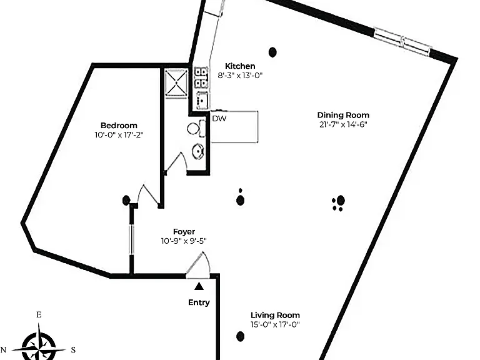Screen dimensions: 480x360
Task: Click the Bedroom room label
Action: pyautogui.click(x=119, y=126)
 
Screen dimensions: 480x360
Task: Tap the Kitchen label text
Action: pyautogui.click(x=240, y=66)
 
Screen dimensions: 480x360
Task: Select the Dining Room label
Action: pyautogui.click(x=343, y=115)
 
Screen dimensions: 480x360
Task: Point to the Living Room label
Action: pyautogui.click(x=275, y=315)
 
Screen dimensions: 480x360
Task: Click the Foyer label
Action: pyautogui.click(x=184, y=232)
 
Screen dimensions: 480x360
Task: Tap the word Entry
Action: pyautogui.click(x=199, y=302)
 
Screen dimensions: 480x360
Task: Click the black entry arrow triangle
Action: pyautogui.click(x=199, y=286)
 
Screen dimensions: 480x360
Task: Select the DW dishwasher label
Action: pyautogui.click(x=219, y=119)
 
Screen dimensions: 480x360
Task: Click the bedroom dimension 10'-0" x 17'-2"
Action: pyautogui.click(x=119, y=135)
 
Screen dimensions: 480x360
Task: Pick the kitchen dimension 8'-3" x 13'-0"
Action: pyautogui.click(x=240, y=75)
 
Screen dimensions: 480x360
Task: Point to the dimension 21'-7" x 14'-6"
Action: pyautogui.click(x=343, y=124)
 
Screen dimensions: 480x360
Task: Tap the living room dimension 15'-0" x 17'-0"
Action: pyautogui.click(x=275, y=324)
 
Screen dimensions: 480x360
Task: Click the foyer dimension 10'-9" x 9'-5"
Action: pyautogui.click(x=184, y=241)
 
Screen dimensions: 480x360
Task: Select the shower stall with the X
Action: pyautogui.click(x=176, y=84)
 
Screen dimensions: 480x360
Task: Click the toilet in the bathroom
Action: pyautogui.click(x=196, y=129)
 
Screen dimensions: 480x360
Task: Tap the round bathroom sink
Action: pyautogui.click(x=198, y=151)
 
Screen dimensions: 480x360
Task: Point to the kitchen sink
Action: pyautogui.click(x=202, y=100)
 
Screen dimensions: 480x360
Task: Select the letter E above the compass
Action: pyautogui.click(x=39, y=315)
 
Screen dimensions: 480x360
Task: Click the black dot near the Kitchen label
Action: pyautogui.click(x=272, y=52)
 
